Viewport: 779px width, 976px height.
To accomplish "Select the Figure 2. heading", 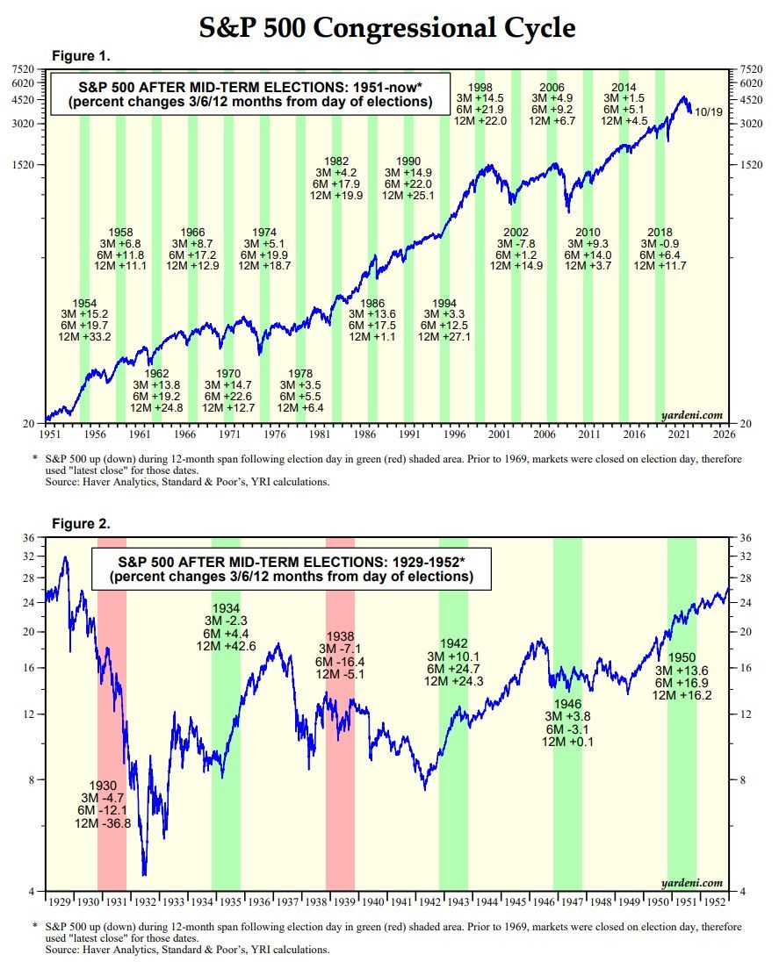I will point(81,524).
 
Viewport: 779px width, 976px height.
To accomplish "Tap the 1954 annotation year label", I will point(84,302).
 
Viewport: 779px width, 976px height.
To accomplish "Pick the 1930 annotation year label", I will point(103,786).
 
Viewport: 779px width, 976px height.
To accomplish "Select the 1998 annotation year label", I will point(480,87).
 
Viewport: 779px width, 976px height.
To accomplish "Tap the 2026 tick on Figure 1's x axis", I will point(724,434).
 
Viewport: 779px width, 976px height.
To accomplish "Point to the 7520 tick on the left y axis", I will point(23,68).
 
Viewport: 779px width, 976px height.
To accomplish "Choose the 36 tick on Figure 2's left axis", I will point(28,537).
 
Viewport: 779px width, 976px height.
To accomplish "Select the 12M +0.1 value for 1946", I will point(568,742).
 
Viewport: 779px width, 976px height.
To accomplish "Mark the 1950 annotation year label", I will point(682,657).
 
